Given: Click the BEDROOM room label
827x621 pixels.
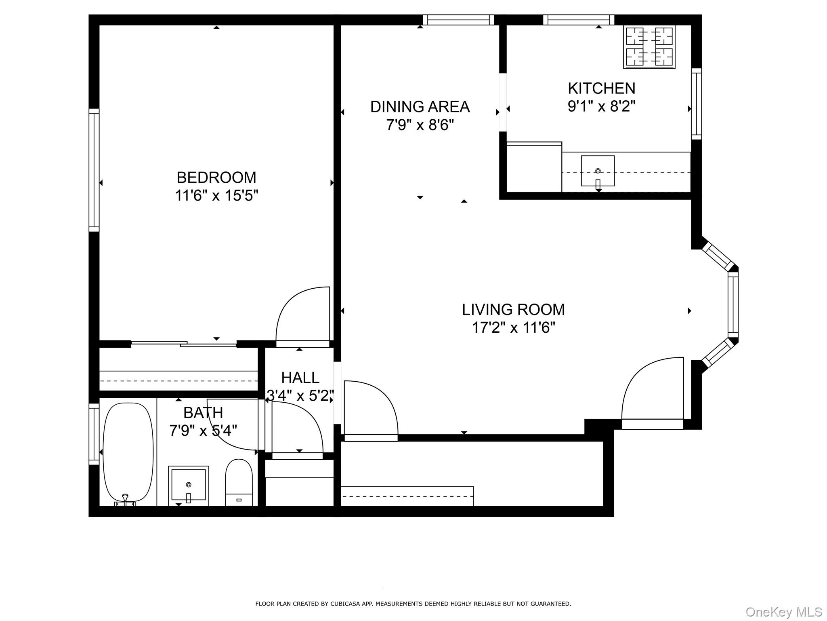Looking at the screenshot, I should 216,177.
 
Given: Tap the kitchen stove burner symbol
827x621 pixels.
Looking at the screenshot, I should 649,46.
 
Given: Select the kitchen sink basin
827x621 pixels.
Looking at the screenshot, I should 598,171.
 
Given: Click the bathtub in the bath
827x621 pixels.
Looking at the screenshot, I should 128,452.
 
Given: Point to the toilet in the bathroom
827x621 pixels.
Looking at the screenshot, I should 239,481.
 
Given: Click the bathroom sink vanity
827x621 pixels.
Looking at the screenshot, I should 188,485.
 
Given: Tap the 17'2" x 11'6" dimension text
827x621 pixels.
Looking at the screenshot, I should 513,327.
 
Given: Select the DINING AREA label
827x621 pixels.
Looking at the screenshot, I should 420,107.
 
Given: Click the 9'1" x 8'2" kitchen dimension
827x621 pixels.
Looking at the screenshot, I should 601,106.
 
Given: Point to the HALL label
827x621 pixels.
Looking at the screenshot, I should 300,378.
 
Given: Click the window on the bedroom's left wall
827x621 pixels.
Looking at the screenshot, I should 94,170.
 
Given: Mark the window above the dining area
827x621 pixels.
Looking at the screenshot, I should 458,20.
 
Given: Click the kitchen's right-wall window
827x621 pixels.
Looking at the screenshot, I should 696,103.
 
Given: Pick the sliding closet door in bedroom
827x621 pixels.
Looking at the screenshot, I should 184,344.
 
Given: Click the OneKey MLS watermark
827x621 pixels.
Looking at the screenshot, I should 783,612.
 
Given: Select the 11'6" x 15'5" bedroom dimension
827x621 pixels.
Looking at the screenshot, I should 216,196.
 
